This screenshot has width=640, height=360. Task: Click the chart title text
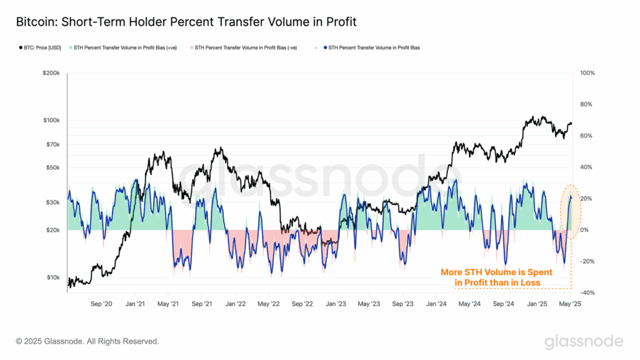point(187,22)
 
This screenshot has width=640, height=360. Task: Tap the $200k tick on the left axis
point(50,73)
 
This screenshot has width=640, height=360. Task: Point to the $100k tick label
point(50,120)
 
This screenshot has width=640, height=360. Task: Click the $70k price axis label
point(51,144)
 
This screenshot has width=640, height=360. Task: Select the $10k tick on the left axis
point(51,277)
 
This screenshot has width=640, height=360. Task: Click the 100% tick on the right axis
point(587,73)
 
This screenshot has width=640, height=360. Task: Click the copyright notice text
point(87,341)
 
